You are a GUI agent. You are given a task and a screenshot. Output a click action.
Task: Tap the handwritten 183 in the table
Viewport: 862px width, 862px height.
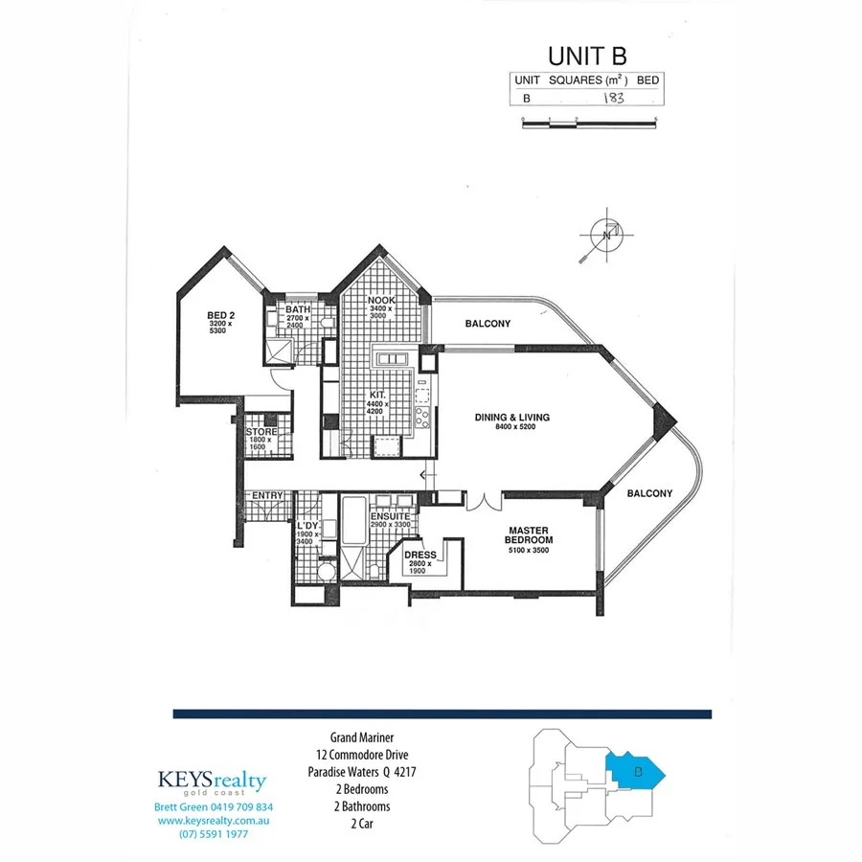click(x=614, y=97)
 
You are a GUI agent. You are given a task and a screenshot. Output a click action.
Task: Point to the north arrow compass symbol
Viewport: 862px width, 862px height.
click(x=602, y=236)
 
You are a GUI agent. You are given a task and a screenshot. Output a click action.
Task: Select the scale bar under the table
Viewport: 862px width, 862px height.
click(x=589, y=120)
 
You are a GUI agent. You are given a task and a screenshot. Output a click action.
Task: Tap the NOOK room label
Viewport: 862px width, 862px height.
click(x=381, y=300)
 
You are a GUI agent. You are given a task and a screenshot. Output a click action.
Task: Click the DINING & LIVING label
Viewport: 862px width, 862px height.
click(x=512, y=418)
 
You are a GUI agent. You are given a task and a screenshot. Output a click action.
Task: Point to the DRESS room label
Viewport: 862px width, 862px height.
click(x=421, y=555)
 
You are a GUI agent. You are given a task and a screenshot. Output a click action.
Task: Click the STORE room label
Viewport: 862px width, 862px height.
click(x=261, y=433)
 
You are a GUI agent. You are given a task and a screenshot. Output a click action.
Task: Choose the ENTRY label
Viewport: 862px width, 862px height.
click(x=267, y=495)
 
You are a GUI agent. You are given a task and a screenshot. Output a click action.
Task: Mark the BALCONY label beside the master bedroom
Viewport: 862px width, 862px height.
click(x=649, y=494)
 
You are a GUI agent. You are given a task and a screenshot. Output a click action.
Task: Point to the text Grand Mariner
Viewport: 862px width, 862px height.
click(x=363, y=738)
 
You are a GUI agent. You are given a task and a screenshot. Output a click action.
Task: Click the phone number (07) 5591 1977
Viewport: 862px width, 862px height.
click(x=213, y=834)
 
